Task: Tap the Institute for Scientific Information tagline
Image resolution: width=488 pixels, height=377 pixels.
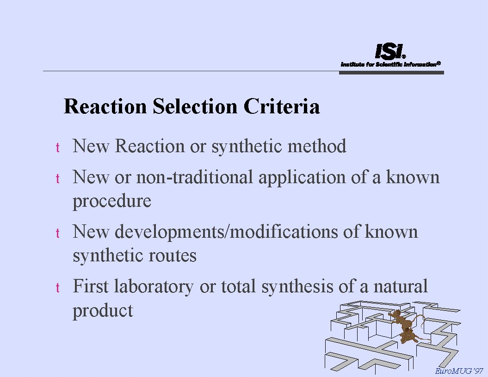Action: (390, 64)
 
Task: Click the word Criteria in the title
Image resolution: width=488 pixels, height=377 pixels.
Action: (282, 106)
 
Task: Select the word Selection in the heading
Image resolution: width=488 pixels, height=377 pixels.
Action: (195, 106)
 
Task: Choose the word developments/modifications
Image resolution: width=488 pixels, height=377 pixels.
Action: (226, 232)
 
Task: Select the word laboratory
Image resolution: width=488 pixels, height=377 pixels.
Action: (154, 287)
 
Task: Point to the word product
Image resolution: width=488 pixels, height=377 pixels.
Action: (103, 311)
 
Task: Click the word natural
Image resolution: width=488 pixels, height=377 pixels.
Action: (401, 286)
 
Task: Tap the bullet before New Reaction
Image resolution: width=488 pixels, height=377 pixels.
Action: (57, 148)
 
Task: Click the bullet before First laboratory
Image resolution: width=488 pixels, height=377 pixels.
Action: (57, 288)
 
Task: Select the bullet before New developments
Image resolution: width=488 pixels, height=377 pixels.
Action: (57, 233)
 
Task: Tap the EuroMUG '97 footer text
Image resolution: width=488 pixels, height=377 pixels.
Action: (459, 371)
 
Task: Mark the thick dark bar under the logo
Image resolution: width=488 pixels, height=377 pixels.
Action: (391, 73)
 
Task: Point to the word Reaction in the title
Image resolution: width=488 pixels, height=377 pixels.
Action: (105, 106)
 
